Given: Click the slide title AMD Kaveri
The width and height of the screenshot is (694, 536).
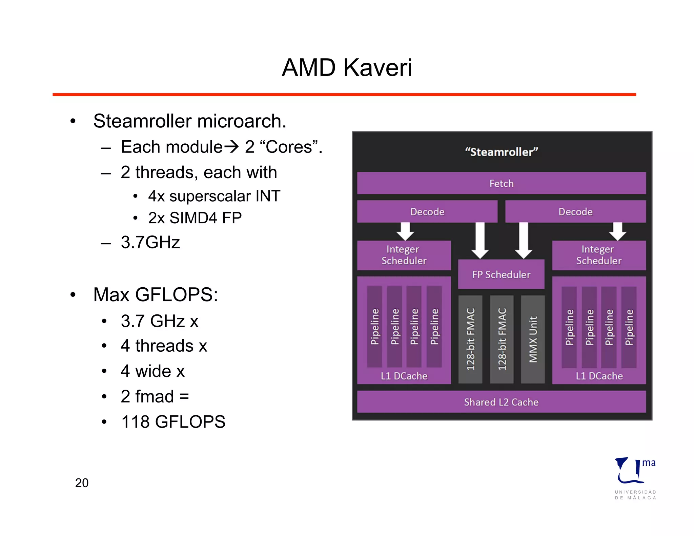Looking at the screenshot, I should [x=347, y=67].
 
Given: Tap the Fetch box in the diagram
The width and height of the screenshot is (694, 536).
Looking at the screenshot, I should [x=501, y=183].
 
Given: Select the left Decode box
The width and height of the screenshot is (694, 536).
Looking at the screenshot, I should [x=427, y=212].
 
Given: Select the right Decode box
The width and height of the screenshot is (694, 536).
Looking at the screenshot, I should [x=575, y=212].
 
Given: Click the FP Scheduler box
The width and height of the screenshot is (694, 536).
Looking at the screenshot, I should [x=501, y=274].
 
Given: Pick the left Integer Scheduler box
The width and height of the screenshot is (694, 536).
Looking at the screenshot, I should [x=404, y=255].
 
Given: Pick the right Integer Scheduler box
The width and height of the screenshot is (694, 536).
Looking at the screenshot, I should [x=598, y=255].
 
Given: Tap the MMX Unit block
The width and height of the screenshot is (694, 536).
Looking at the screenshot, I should [x=533, y=339].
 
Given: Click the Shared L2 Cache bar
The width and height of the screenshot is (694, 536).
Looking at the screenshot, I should [x=501, y=402].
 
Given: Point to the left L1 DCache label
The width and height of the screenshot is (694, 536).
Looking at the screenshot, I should [x=404, y=376].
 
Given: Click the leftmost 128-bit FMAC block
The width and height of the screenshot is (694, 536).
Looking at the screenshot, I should [x=470, y=339].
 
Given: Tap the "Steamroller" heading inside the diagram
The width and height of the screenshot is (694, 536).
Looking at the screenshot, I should [x=501, y=152].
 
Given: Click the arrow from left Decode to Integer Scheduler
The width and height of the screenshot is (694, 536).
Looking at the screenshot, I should [x=405, y=231].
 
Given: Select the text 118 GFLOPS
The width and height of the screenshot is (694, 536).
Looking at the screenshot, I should [x=173, y=422].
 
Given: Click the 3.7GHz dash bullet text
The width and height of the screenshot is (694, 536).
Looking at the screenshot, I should [x=150, y=243].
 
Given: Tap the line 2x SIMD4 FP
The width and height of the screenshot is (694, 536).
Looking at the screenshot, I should [x=195, y=218].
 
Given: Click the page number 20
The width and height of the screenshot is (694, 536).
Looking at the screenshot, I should [x=82, y=483].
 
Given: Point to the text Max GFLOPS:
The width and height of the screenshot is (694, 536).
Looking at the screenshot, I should [x=156, y=294].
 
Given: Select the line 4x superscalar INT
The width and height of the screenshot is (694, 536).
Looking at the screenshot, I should [x=214, y=196].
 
